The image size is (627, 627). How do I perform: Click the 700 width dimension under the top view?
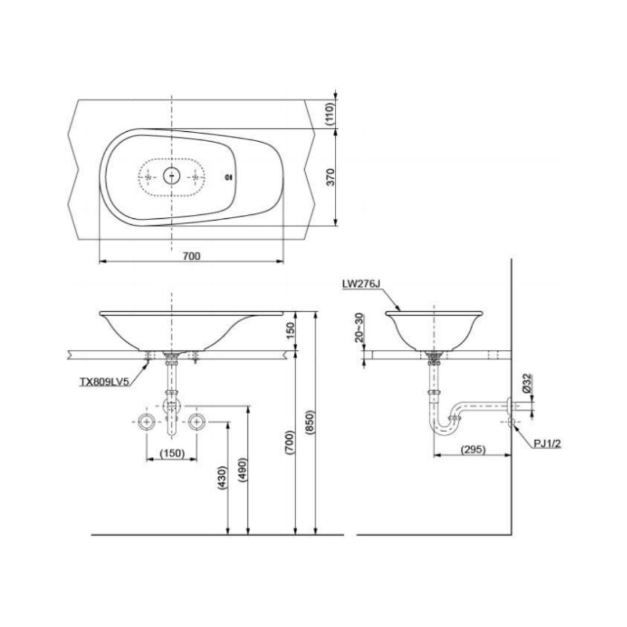(x=192, y=256)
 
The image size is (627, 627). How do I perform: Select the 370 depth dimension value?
(x=330, y=176)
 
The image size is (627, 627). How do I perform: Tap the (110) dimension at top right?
(x=330, y=114)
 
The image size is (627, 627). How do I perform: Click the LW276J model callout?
(x=361, y=284)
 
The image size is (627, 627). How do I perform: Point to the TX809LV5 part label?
(x=105, y=382)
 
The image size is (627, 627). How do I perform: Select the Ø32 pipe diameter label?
(x=527, y=383)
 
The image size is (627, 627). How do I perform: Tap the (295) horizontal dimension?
(x=473, y=449)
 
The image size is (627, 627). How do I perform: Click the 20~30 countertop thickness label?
(x=360, y=327)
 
